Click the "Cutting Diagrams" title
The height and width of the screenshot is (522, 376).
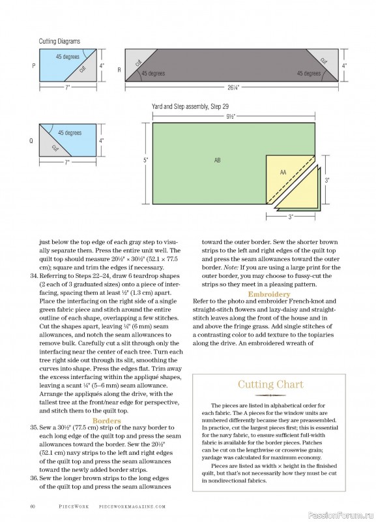pyautogui.click(x=59, y=41)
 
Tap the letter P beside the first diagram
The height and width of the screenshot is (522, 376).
pyautogui.click(x=34, y=66)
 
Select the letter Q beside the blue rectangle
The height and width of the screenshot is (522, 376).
pyautogui.click(x=31, y=140)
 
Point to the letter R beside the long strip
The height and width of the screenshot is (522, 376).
pyautogui.click(x=119, y=70)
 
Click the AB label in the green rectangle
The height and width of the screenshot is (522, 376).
pyautogui.click(x=218, y=160)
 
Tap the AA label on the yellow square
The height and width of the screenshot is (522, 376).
pyautogui.click(x=283, y=172)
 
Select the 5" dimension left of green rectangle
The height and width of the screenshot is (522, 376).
pyautogui.click(x=145, y=160)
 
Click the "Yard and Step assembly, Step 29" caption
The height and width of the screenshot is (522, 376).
pyautogui.click(x=190, y=107)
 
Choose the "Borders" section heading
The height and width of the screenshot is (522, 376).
pyautogui.click(x=107, y=420)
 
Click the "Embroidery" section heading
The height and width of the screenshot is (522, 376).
pyautogui.click(x=269, y=294)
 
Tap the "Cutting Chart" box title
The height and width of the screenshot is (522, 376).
pyautogui.click(x=270, y=384)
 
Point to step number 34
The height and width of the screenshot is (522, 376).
pyautogui.click(x=35, y=276)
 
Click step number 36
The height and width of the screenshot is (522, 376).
pyautogui.click(x=35, y=478)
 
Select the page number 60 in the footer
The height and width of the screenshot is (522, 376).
pyautogui.click(x=33, y=506)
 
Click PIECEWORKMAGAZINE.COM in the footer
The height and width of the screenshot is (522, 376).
pyautogui.click(x=132, y=506)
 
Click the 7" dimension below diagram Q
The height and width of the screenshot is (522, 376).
pyautogui.click(x=68, y=162)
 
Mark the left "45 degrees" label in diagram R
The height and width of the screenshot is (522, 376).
pyautogui.click(x=153, y=73)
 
